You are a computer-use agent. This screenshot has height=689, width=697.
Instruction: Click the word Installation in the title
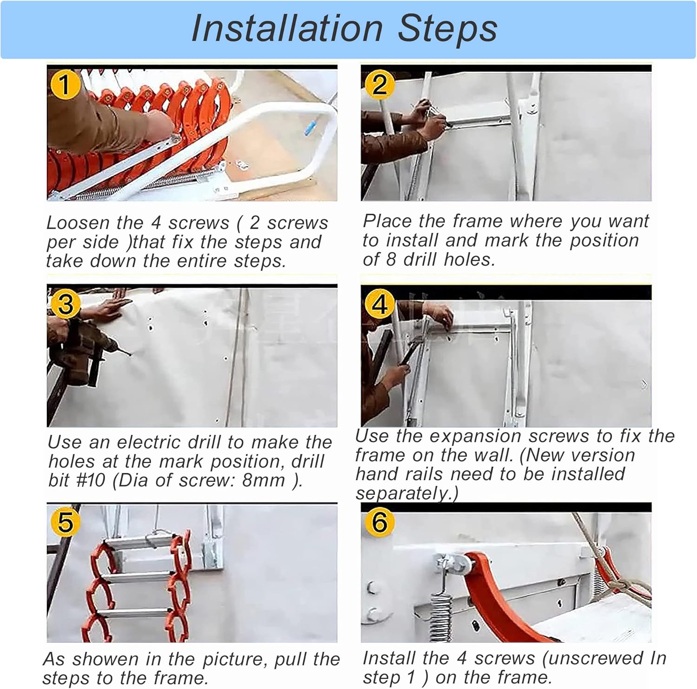pos(287,29)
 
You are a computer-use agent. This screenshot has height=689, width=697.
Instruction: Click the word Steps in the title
pos(447,29)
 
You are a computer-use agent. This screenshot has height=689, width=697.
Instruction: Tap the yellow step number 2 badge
pos(379,85)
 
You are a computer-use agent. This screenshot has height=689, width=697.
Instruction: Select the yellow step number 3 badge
pos(65,305)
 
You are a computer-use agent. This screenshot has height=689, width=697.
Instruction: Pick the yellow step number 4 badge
pos(380,305)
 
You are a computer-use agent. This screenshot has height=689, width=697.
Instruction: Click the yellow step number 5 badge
pos(65,522)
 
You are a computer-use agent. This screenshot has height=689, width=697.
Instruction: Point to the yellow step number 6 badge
pos(380,522)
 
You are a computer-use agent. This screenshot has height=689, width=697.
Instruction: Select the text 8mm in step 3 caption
pos(263,480)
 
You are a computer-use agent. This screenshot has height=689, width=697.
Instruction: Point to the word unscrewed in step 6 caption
pos(593,658)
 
